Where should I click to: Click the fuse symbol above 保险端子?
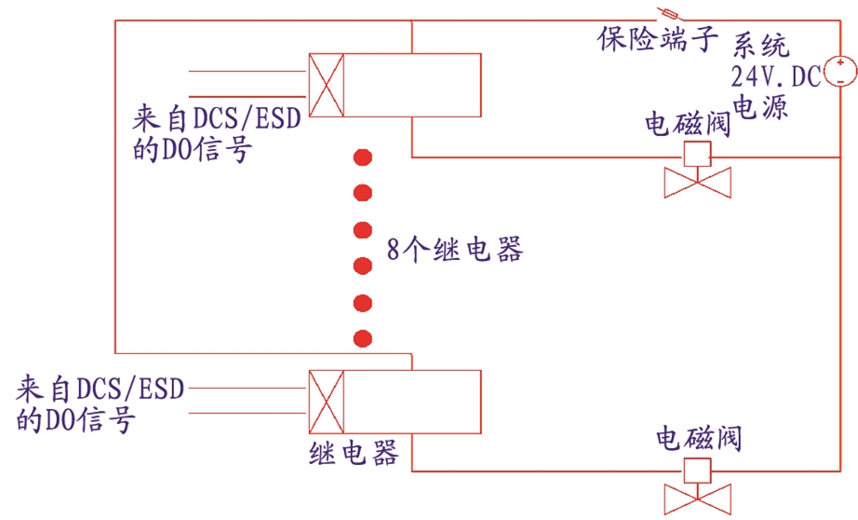[x=669, y=15]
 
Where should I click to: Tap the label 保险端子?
[x=657, y=39]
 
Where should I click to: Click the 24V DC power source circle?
[x=840, y=72]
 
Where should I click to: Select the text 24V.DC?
[x=776, y=76]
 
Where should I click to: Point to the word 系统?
[x=761, y=45]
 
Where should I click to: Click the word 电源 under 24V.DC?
[x=760, y=106]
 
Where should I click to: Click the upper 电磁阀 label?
[x=688, y=124]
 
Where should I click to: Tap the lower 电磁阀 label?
[x=699, y=439]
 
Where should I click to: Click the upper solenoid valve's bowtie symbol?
[x=698, y=183]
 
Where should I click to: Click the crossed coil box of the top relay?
[x=327, y=85]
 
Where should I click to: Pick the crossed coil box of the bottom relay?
[x=327, y=403]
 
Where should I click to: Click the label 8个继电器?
[x=455, y=250]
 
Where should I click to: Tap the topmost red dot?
[x=363, y=157]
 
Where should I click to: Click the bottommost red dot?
[x=363, y=338]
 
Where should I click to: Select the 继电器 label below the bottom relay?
[x=354, y=453]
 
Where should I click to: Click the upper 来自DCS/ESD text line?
[x=217, y=117]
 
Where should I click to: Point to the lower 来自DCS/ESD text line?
[x=101, y=389]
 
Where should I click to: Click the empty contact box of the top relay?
[x=412, y=85]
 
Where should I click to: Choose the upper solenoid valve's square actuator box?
[x=698, y=154]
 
